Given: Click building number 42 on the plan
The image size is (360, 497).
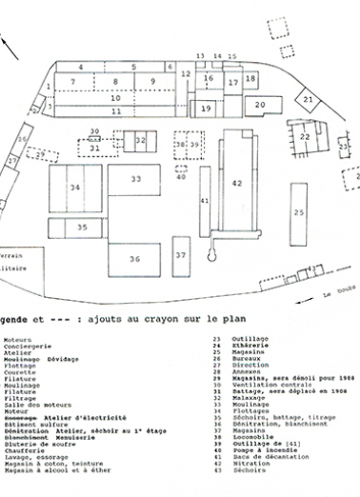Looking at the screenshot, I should [237, 182].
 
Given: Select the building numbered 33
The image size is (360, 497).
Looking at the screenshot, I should [136, 178].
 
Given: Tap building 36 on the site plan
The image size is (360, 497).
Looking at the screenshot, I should [134, 258].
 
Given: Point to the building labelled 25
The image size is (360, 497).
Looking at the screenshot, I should [299, 212].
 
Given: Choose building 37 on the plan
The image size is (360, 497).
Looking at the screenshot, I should [180, 255].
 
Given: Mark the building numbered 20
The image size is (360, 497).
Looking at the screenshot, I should [258, 103].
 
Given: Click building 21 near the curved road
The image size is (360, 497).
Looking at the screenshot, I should [308, 97].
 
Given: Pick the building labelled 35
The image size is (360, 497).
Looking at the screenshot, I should [83, 227].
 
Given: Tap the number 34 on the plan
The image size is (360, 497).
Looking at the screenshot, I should [74, 188].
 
